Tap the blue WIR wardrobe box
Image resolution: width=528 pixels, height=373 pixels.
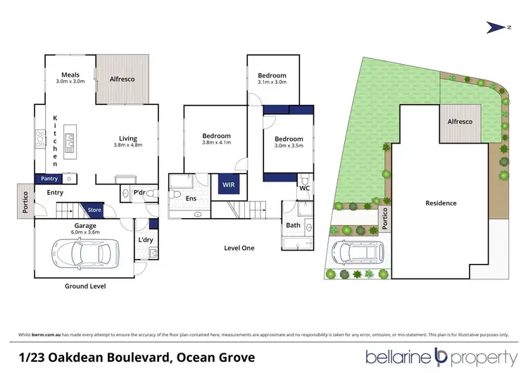[x=228, y=185]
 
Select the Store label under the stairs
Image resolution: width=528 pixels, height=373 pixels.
[x=95, y=209]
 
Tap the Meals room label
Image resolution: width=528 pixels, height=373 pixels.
[x=70, y=75]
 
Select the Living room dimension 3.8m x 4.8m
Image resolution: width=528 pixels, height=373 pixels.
[x=127, y=145]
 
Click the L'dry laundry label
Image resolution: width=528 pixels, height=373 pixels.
[x=146, y=240]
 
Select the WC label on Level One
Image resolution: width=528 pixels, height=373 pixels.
[x=304, y=189]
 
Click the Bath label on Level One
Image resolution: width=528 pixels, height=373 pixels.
[x=293, y=225]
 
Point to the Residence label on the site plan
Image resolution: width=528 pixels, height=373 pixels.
[x=441, y=203]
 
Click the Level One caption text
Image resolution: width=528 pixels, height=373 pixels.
[x=239, y=248]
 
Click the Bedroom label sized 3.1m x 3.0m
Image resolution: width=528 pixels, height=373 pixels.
[x=272, y=75]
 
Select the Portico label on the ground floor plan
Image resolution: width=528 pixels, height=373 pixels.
[x=25, y=202]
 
